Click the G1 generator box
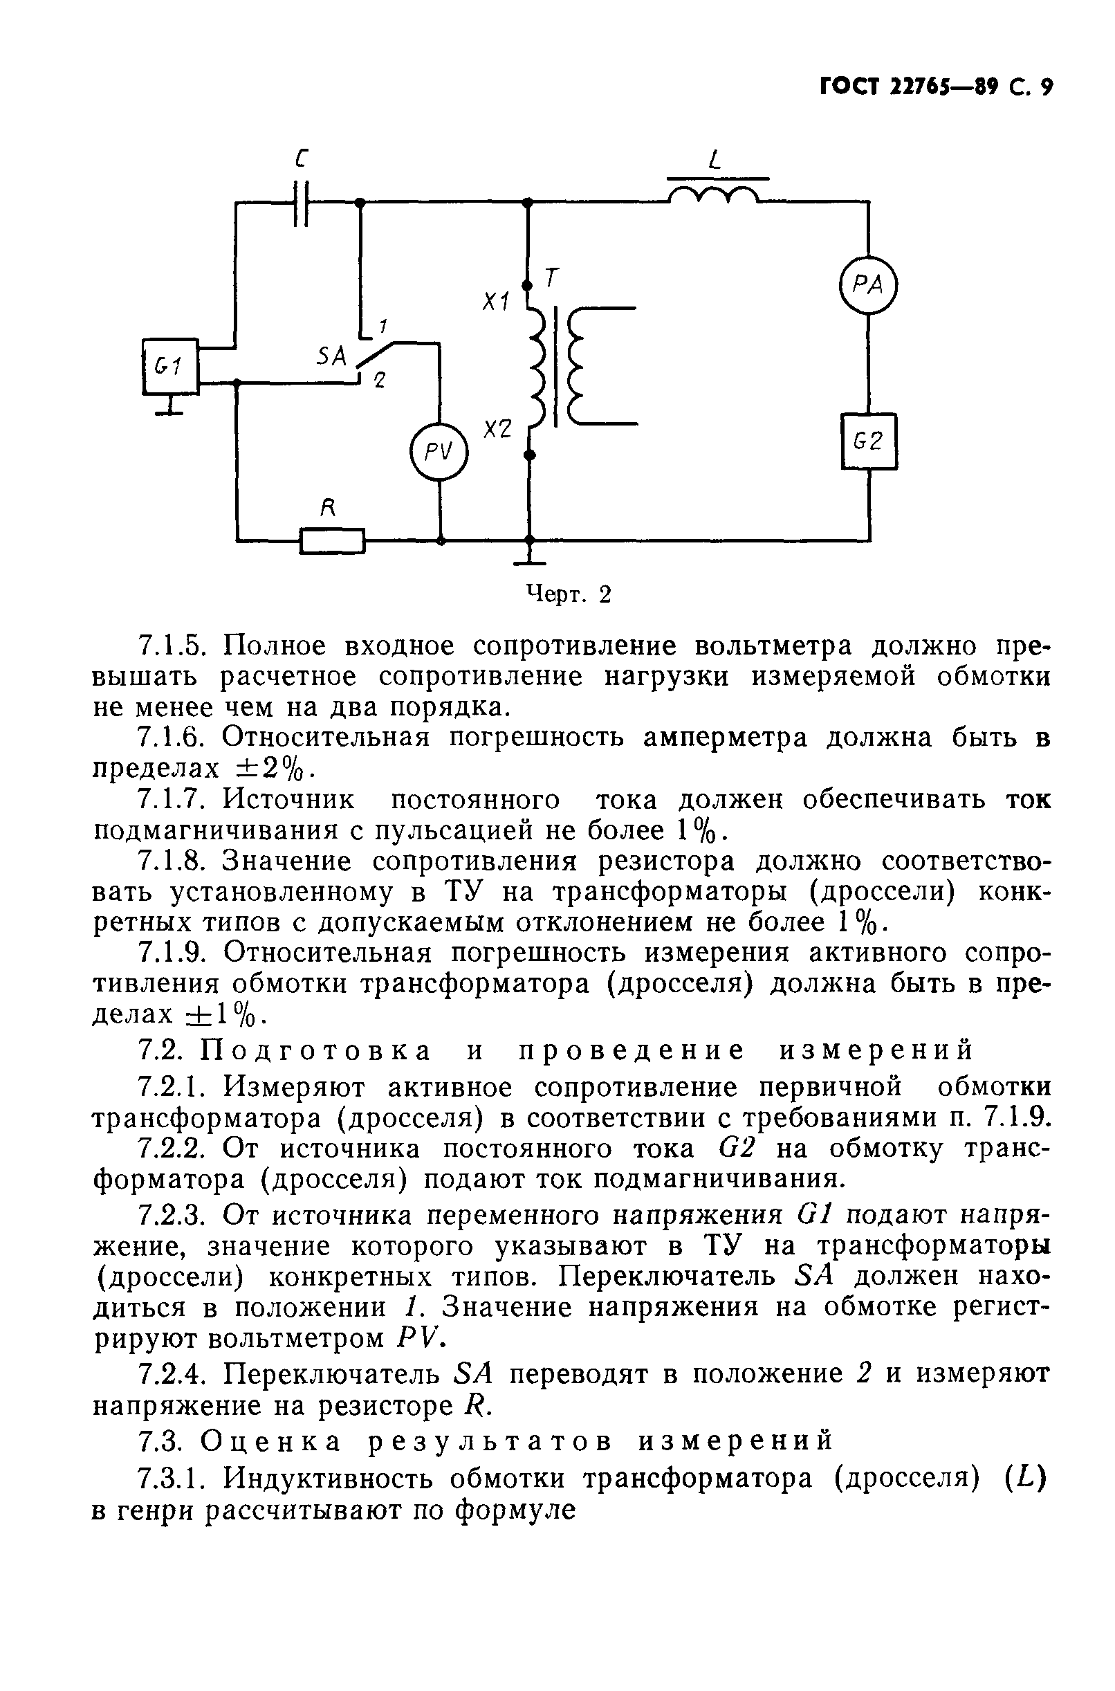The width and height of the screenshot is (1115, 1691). pos(170,366)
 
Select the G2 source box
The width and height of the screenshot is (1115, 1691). pos(868,441)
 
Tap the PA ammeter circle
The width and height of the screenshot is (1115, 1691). pos(868,284)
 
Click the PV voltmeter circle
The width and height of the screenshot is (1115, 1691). pos(439,452)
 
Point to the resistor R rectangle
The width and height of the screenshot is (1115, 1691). pos(332,541)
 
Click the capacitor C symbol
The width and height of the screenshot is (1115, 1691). pos(302,203)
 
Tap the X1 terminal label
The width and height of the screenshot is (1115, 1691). pos(497,302)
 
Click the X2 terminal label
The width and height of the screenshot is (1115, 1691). pos(497,429)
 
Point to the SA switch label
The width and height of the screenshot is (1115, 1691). pos(331,356)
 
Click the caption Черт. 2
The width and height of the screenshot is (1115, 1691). pos(567,594)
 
